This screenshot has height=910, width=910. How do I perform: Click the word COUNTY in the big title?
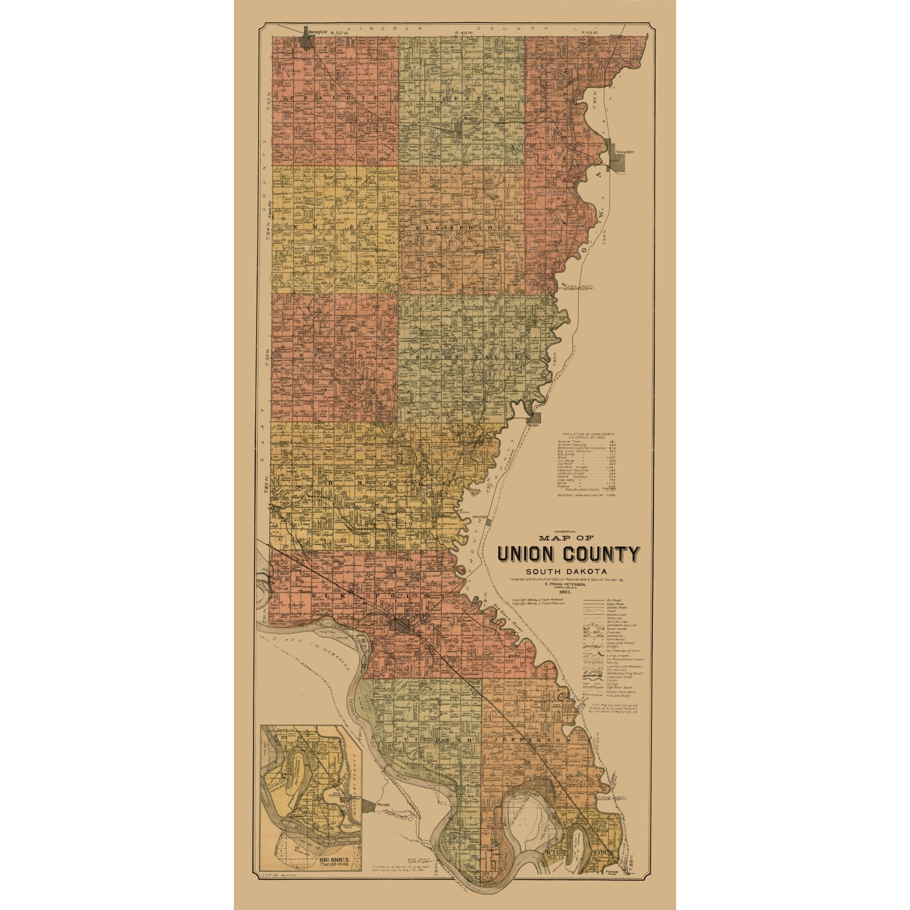(607, 554)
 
